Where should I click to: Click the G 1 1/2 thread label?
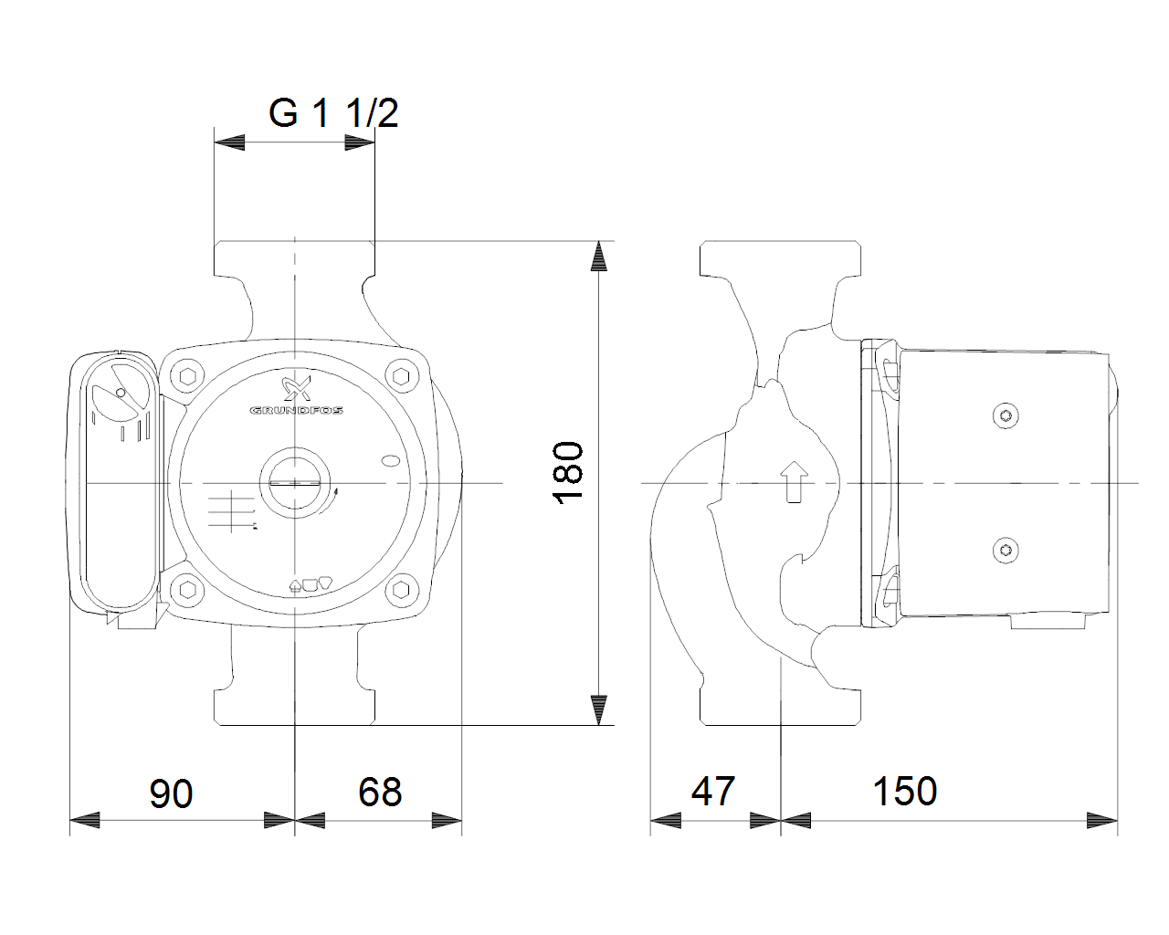click(333, 113)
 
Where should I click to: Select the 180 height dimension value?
click(568, 473)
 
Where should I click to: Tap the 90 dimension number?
click(171, 793)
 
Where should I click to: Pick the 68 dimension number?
click(380, 792)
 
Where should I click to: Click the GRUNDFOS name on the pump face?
click(296, 410)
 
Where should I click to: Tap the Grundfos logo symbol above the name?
click(297, 388)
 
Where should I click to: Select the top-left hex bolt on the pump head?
click(187, 376)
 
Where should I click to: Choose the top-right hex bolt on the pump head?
click(401, 376)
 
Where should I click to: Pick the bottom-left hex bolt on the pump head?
click(187, 590)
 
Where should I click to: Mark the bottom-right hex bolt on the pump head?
click(401, 590)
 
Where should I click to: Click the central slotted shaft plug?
click(295, 482)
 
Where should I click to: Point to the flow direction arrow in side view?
click(794, 482)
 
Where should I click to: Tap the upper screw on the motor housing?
click(1006, 416)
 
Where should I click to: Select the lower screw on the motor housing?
click(1006, 551)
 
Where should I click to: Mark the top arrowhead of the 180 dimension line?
click(598, 256)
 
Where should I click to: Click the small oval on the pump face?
click(391, 461)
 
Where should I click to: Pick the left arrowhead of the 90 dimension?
click(85, 820)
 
